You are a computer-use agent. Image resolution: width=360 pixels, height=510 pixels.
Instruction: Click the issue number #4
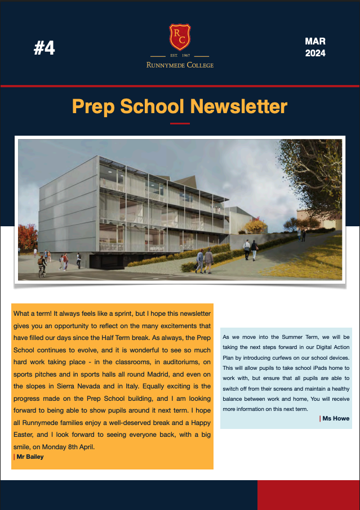45,48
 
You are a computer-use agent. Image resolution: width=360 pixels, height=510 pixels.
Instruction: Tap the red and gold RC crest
180,37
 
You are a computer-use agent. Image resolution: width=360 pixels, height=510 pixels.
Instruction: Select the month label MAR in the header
315,42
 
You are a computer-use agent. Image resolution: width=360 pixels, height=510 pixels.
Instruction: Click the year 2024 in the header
315,54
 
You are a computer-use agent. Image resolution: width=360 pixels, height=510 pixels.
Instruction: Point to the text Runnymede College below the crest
180,65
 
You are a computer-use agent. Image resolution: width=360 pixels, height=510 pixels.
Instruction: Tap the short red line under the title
180,123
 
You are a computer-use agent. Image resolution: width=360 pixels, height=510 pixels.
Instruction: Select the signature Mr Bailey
30,457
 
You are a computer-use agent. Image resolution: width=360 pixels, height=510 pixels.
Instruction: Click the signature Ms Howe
336,418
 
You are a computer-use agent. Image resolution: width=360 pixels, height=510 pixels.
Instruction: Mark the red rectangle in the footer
308,495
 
